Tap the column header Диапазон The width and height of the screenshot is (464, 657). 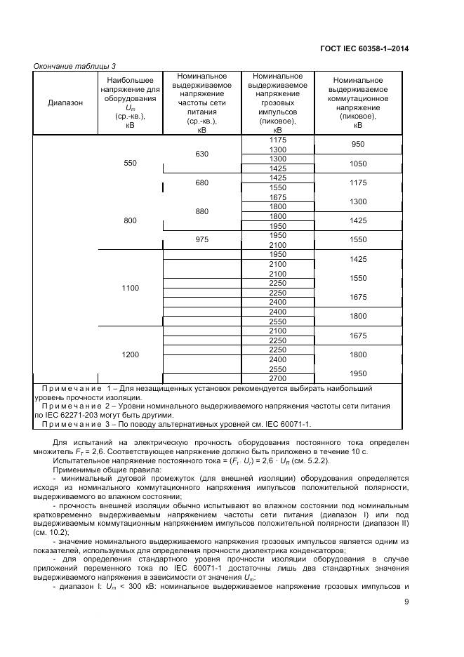tap(65, 102)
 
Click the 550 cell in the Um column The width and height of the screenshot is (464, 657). tap(130, 163)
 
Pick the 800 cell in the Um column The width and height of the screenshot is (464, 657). tap(130, 220)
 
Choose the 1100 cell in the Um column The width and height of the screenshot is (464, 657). tap(130, 288)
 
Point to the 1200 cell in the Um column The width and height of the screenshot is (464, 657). tap(130, 354)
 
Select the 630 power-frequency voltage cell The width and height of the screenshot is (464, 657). tap(201, 154)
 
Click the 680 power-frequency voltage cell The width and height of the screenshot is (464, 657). tap(201, 182)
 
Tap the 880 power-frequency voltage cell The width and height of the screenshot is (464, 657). tap(201, 211)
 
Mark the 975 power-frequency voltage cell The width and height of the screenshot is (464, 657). tap(201, 239)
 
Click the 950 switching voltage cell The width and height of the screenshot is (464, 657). tap(358, 145)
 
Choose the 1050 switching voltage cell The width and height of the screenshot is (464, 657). tap(358, 164)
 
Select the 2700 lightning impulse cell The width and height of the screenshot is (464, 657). tap(277, 378)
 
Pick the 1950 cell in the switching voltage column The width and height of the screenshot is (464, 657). tap(358, 373)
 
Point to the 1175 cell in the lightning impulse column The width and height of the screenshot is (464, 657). tap(277, 140)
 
